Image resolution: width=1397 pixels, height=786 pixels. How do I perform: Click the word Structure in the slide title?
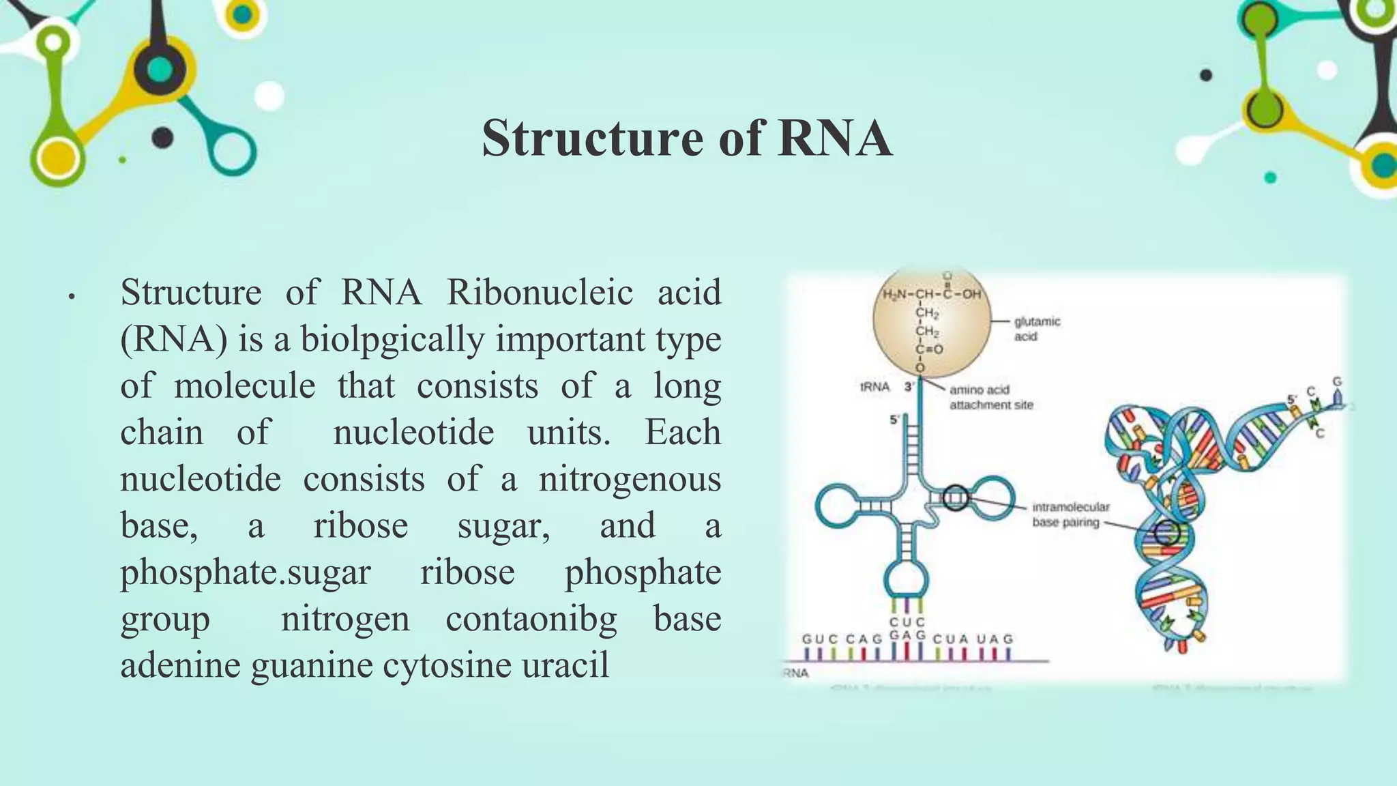tap(593, 139)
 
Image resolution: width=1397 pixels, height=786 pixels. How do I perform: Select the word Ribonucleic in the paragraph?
tap(540, 293)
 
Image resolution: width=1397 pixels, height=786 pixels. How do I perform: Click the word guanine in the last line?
tap(312, 665)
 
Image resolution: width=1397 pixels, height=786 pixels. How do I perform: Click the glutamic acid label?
tap(1036, 328)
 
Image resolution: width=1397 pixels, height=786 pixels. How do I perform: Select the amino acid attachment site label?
tap(990, 397)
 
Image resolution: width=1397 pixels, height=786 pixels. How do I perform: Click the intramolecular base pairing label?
tap(1070, 514)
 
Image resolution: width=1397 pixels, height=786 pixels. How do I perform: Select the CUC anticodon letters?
tap(907, 622)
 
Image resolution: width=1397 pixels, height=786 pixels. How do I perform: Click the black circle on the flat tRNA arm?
tap(956, 497)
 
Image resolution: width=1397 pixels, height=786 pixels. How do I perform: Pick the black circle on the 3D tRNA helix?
tap(1167, 532)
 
